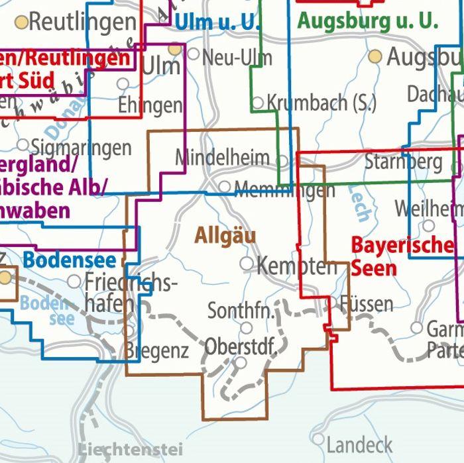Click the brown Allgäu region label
pos(225,235)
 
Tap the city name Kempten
pos(296,266)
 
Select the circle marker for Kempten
pos(247,264)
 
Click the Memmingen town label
pos(284,191)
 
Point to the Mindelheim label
pos(222,158)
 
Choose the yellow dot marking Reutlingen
pos(22,23)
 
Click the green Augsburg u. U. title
pos(367,21)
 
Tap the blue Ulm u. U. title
pos(217,22)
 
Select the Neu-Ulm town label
pos(237,57)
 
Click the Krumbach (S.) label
pos(321,103)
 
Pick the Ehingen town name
pos(149,105)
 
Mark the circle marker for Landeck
pos(318,439)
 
